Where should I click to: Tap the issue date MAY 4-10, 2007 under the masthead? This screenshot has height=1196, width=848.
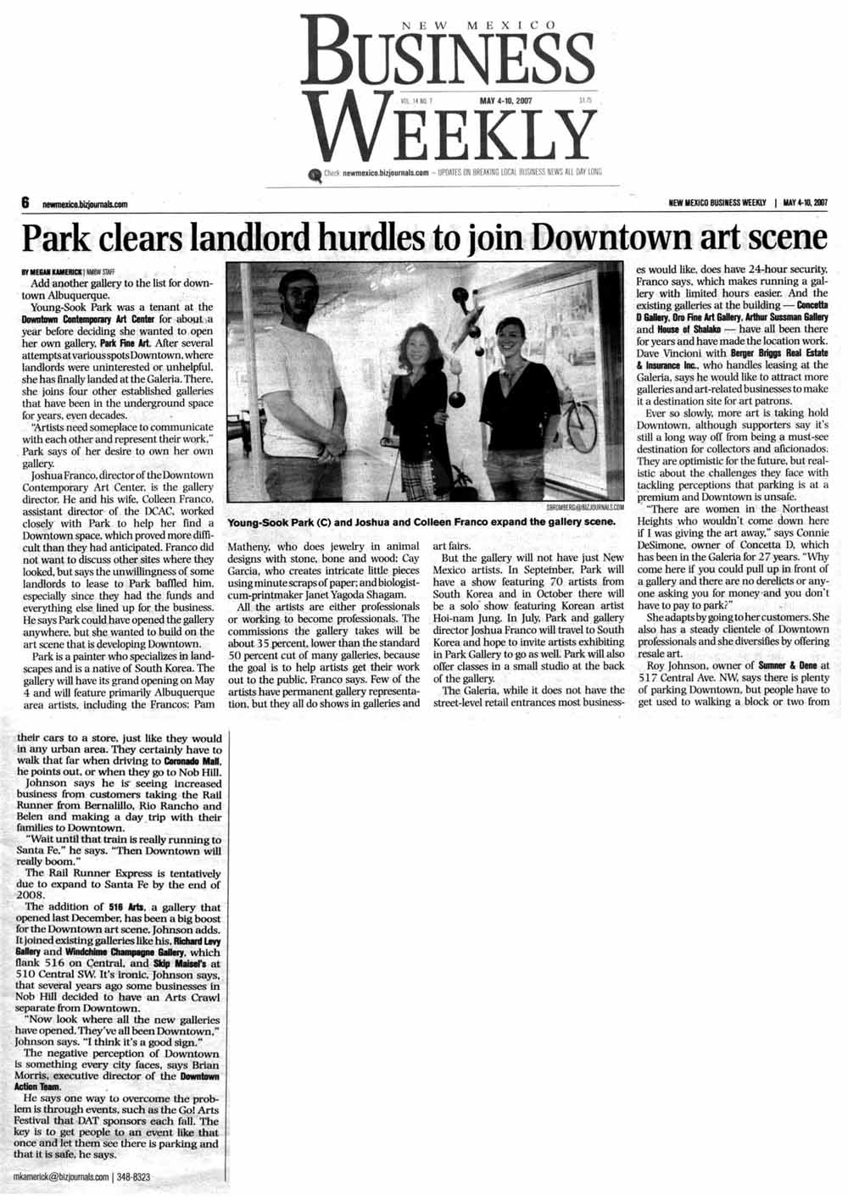pyautogui.click(x=506, y=100)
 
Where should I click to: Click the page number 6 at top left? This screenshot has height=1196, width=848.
pyautogui.click(x=25, y=203)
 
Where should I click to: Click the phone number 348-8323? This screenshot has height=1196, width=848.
pyautogui.click(x=133, y=1177)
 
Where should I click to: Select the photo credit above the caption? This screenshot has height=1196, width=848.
pyautogui.click(x=577, y=508)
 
